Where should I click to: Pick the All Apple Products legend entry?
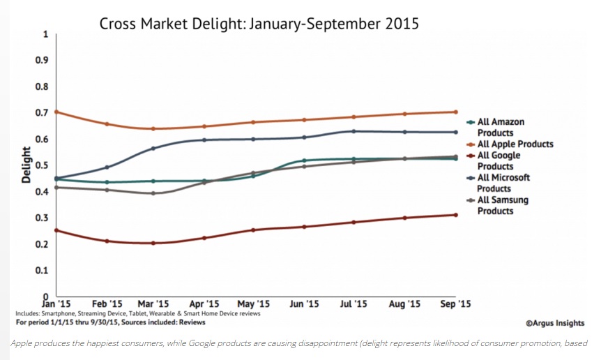515,144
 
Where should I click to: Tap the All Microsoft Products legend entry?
503,183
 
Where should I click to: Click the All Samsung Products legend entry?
503,205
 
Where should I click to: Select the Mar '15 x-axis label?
153,304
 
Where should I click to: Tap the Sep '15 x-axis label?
456,304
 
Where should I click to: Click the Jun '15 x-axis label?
305,304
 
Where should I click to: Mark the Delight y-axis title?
26,165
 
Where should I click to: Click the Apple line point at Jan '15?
56,112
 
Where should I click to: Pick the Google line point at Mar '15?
153,243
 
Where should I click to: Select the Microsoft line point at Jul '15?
354,131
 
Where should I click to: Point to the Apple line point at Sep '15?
456,112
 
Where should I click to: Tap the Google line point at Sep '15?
456,215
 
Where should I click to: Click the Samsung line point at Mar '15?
153,193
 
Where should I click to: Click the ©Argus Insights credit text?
555,323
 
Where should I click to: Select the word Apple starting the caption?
23,343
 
